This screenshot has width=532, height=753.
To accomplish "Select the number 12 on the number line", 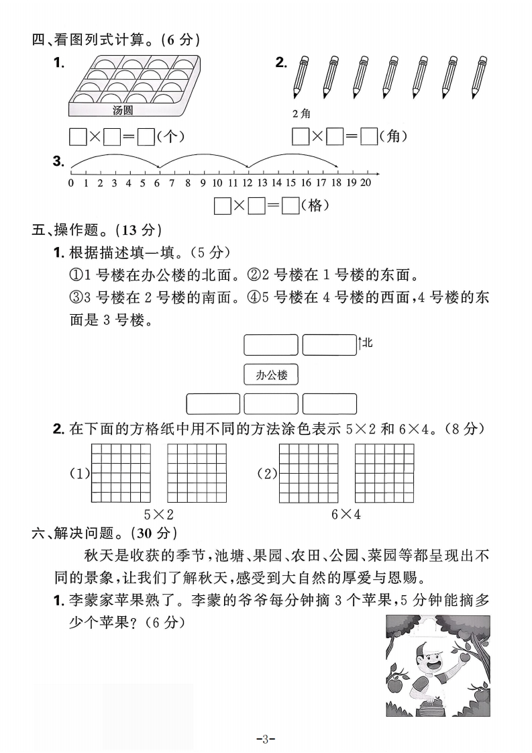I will (248, 183).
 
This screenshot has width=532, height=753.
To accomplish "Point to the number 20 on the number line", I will (365, 183).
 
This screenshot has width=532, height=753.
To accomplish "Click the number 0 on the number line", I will (70, 183).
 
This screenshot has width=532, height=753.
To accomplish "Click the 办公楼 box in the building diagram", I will (270, 374).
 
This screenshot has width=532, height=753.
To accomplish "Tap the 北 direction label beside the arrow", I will (367, 343).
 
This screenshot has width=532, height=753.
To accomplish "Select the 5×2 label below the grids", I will (159, 515).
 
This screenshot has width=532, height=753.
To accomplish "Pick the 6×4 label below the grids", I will (346, 515).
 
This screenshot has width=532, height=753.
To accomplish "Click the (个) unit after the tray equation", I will (170, 137).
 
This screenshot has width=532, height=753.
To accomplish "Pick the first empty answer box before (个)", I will (78, 137).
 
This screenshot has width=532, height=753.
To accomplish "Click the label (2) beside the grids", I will (267, 474).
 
